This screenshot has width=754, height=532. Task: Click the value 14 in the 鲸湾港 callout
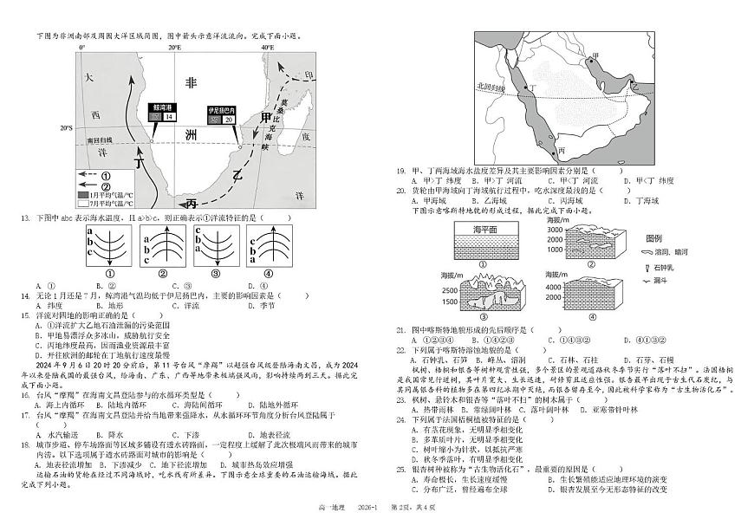tap(169, 116)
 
